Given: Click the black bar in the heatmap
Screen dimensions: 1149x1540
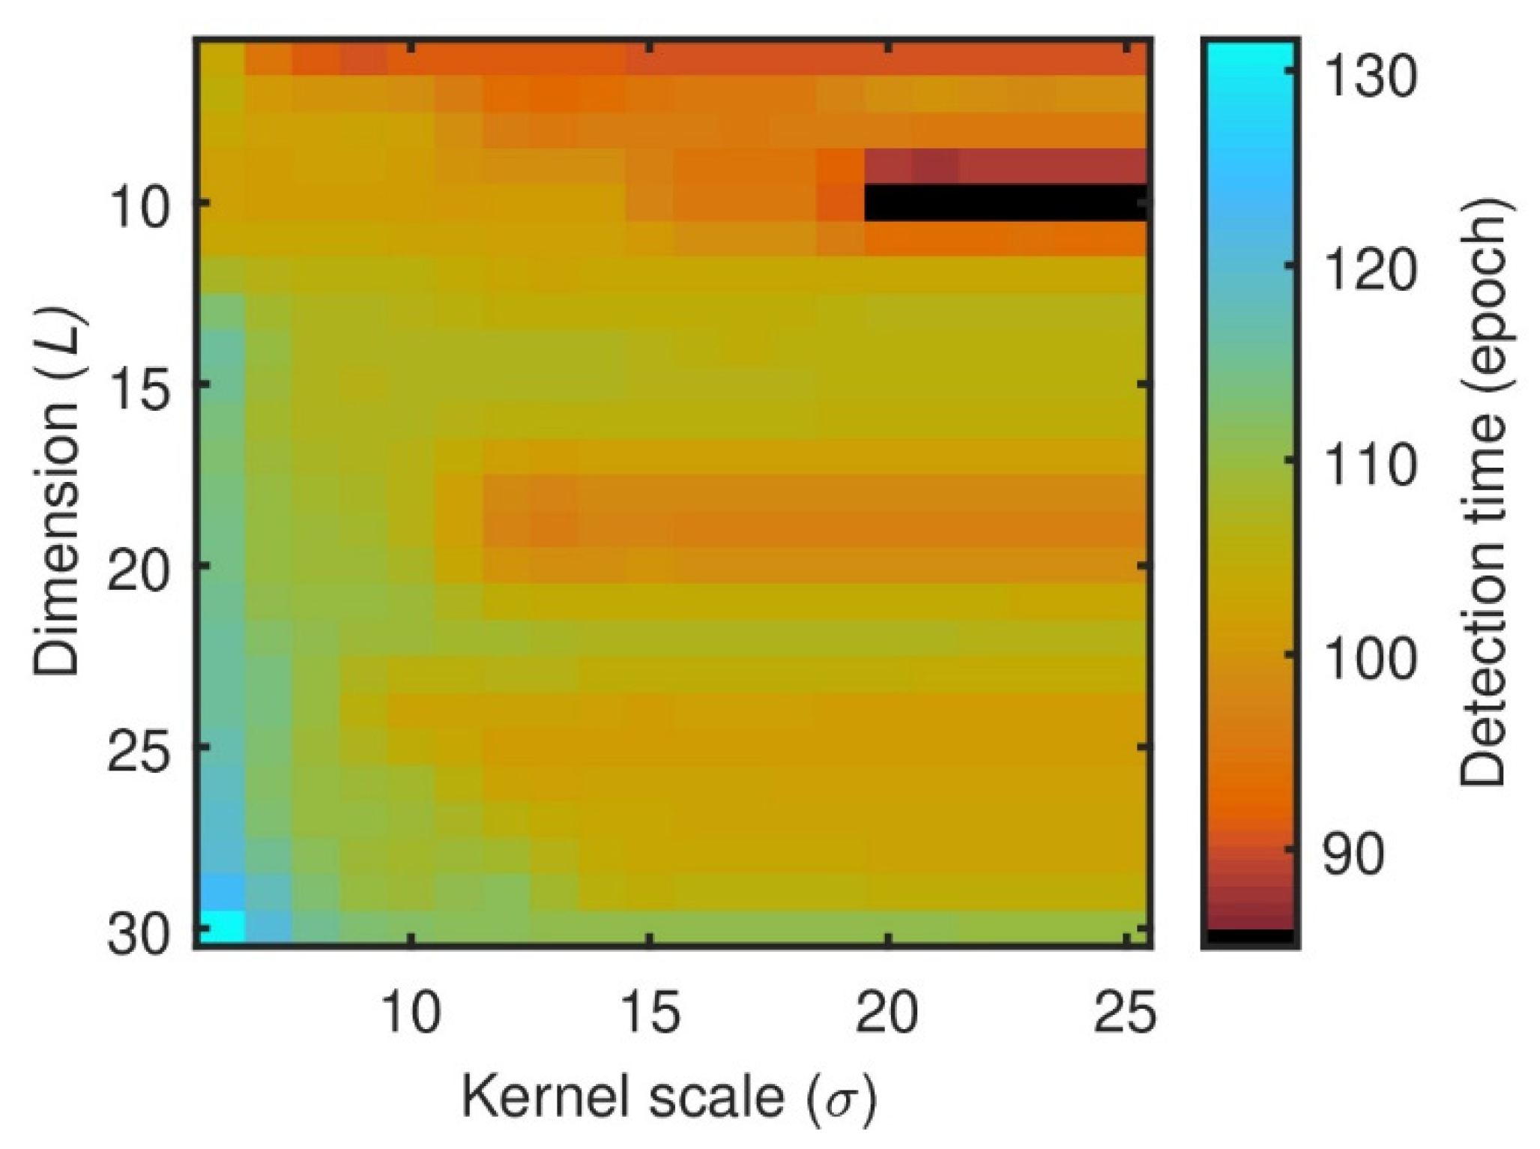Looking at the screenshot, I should coord(1006,202).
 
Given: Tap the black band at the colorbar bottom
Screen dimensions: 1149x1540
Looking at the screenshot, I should coord(1250,936).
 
